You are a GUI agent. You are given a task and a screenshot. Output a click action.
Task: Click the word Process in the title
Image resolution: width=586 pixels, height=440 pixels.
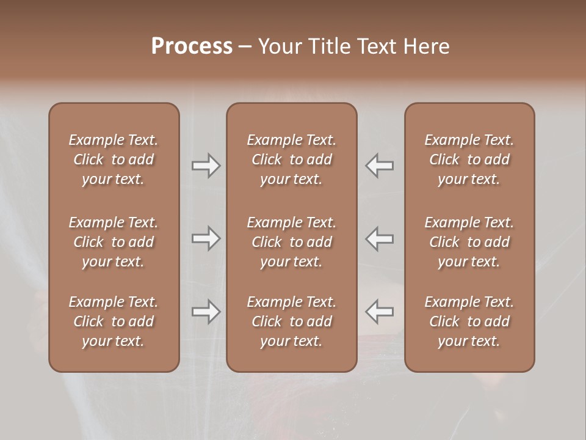click(x=192, y=46)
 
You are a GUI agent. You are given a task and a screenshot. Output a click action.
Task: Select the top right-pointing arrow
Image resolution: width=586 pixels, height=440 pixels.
click(x=206, y=166)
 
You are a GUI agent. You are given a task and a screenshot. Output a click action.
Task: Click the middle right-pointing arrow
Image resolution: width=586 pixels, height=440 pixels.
click(x=206, y=239)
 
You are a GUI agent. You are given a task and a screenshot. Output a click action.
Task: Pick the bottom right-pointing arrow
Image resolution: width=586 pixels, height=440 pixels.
click(x=206, y=312)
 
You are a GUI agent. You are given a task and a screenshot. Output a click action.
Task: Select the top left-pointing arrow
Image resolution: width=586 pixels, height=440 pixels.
click(x=379, y=166)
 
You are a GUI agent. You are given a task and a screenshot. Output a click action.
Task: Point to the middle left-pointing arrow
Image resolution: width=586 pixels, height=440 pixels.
click(x=379, y=239)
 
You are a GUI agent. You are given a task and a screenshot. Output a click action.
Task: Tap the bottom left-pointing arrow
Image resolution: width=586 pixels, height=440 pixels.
click(x=379, y=312)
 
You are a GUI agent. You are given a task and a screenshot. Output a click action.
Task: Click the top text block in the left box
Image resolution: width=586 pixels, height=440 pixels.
click(x=114, y=159)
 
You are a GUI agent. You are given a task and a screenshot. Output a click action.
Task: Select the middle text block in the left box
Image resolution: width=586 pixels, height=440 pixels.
click(x=114, y=242)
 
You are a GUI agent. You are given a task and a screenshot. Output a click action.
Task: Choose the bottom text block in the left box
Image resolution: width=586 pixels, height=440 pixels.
click(x=114, y=321)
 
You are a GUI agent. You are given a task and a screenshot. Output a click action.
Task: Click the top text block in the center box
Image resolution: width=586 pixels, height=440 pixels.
click(x=291, y=159)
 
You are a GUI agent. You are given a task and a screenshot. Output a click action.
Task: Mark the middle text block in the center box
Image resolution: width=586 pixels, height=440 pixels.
click(x=291, y=242)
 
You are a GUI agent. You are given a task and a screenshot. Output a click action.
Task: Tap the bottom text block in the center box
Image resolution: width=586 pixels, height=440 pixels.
click(x=291, y=321)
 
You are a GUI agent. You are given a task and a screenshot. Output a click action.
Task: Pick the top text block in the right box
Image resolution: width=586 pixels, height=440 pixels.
click(x=469, y=159)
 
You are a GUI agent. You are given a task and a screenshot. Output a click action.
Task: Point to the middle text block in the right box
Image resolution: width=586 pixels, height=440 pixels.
click(x=469, y=242)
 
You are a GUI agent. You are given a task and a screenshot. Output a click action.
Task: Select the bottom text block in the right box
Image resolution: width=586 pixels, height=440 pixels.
click(x=469, y=321)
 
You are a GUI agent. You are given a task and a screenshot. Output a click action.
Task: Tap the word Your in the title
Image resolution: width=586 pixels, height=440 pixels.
click(x=278, y=46)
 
